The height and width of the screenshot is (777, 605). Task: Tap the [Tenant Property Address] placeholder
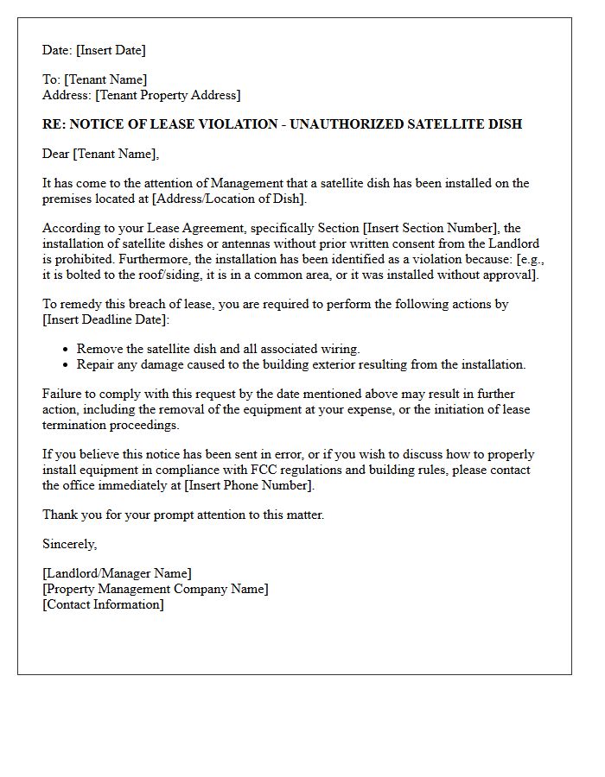(168, 95)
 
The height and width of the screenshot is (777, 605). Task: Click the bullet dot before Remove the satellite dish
(67, 350)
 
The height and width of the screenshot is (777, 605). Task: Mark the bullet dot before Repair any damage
(67, 365)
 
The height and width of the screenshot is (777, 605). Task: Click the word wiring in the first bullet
(339, 350)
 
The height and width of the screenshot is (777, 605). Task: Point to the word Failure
(63, 395)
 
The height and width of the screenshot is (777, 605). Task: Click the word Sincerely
(69, 545)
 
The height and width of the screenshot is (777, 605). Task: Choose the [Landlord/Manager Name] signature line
(117, 574)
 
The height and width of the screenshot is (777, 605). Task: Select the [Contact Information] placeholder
(103, 604)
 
